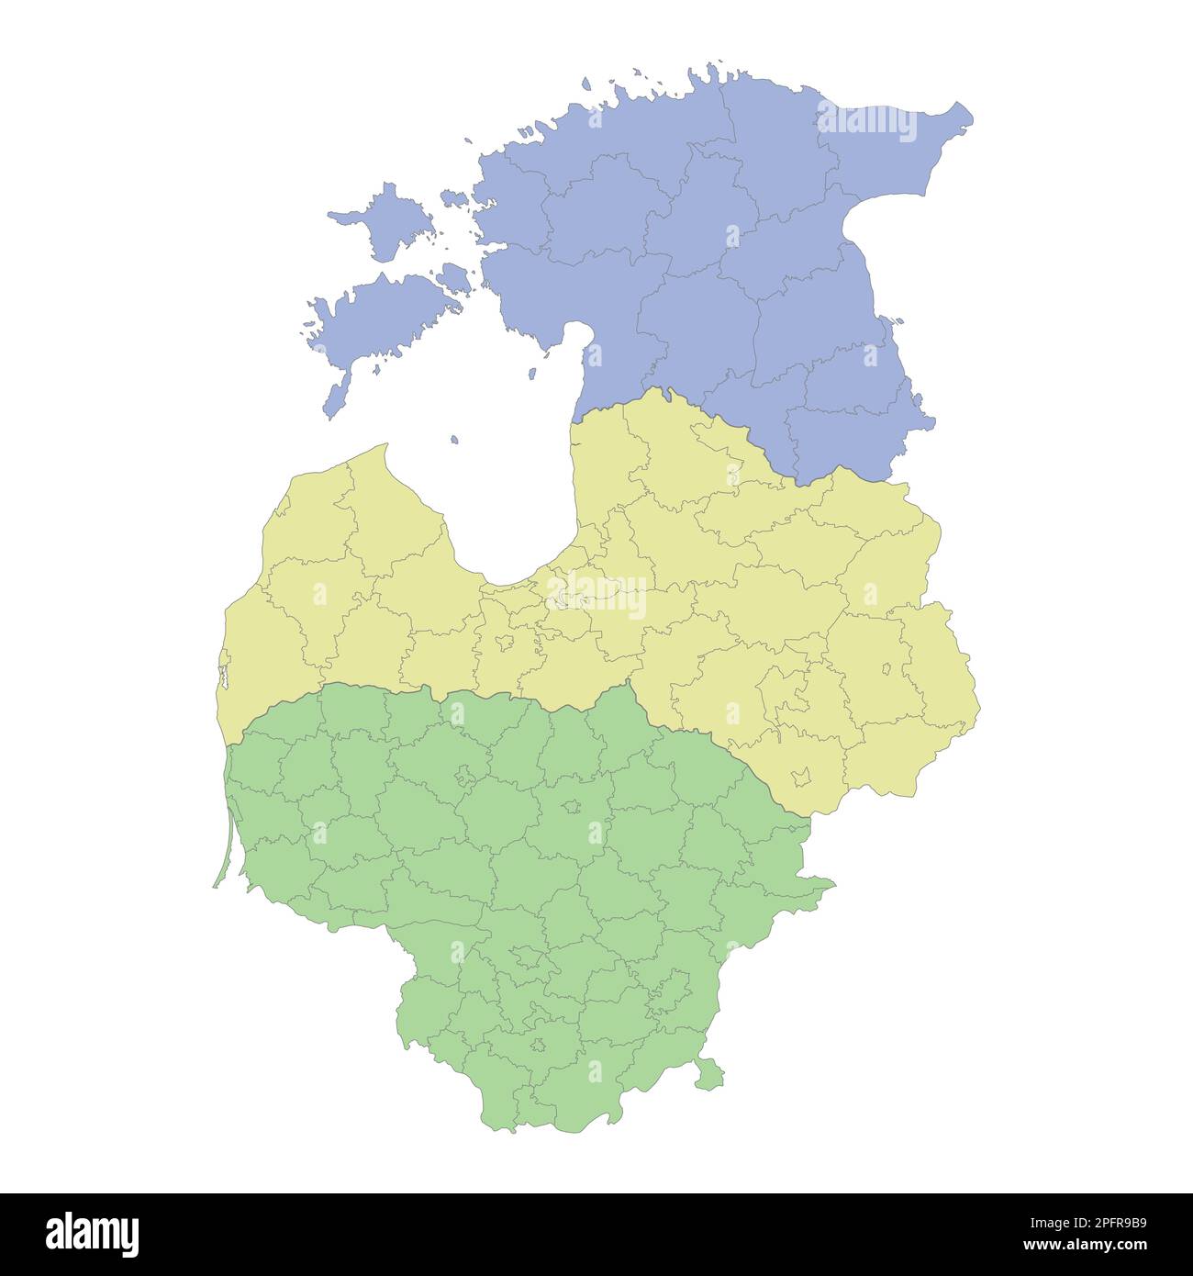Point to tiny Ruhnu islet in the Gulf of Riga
tap(453, 441)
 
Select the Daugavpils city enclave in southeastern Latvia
tap(801, 776)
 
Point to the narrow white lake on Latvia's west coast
tap(221, 679)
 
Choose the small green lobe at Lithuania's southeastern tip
tap(708, 1073)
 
